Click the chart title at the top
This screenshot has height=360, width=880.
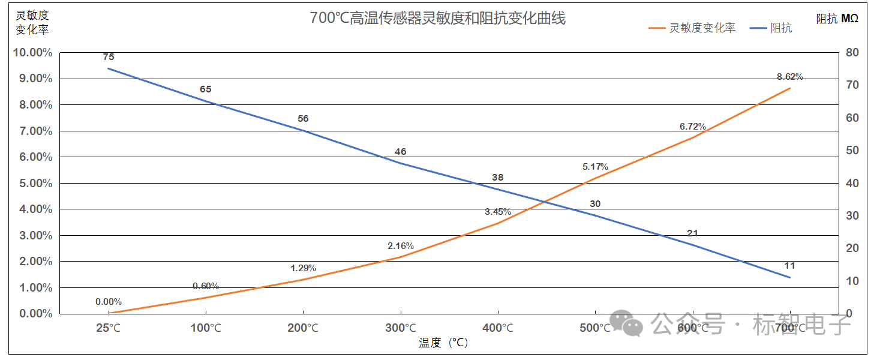pyautogui.click(x=437, y=18)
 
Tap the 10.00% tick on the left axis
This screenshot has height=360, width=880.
pyautogui.click(x=32, y=53)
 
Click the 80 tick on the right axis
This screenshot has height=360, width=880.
pyautogui.click(x=852, y=53)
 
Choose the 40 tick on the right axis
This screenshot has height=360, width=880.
pyautogui.click(x=852, y=183)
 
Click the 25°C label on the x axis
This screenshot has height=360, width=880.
pyautogui.click(x=109, y=328)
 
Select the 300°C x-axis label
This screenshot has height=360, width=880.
pyautogui.click(x=400, y=328)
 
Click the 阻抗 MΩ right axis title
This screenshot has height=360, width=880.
pyautogui.click(x=837, y=19)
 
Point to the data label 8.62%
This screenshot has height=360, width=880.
pyautogui.click(x=789, y=76)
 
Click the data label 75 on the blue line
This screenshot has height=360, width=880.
pyautogui.click(x=109, y=57)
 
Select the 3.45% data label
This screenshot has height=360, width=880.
pyautogui.click(x=498, y=212)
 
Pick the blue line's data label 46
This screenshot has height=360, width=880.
pyautogui.click(x=400, y=152)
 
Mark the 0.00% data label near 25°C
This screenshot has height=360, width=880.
pyautogui.click(x=109, y=302)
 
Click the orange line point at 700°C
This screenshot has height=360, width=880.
pyautogui.click(x=790, y=88)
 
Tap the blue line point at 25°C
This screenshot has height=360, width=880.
pyautogui.click(x=109, y=68)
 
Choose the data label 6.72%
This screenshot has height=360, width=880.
pyautogui.click(x=693, y=127)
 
